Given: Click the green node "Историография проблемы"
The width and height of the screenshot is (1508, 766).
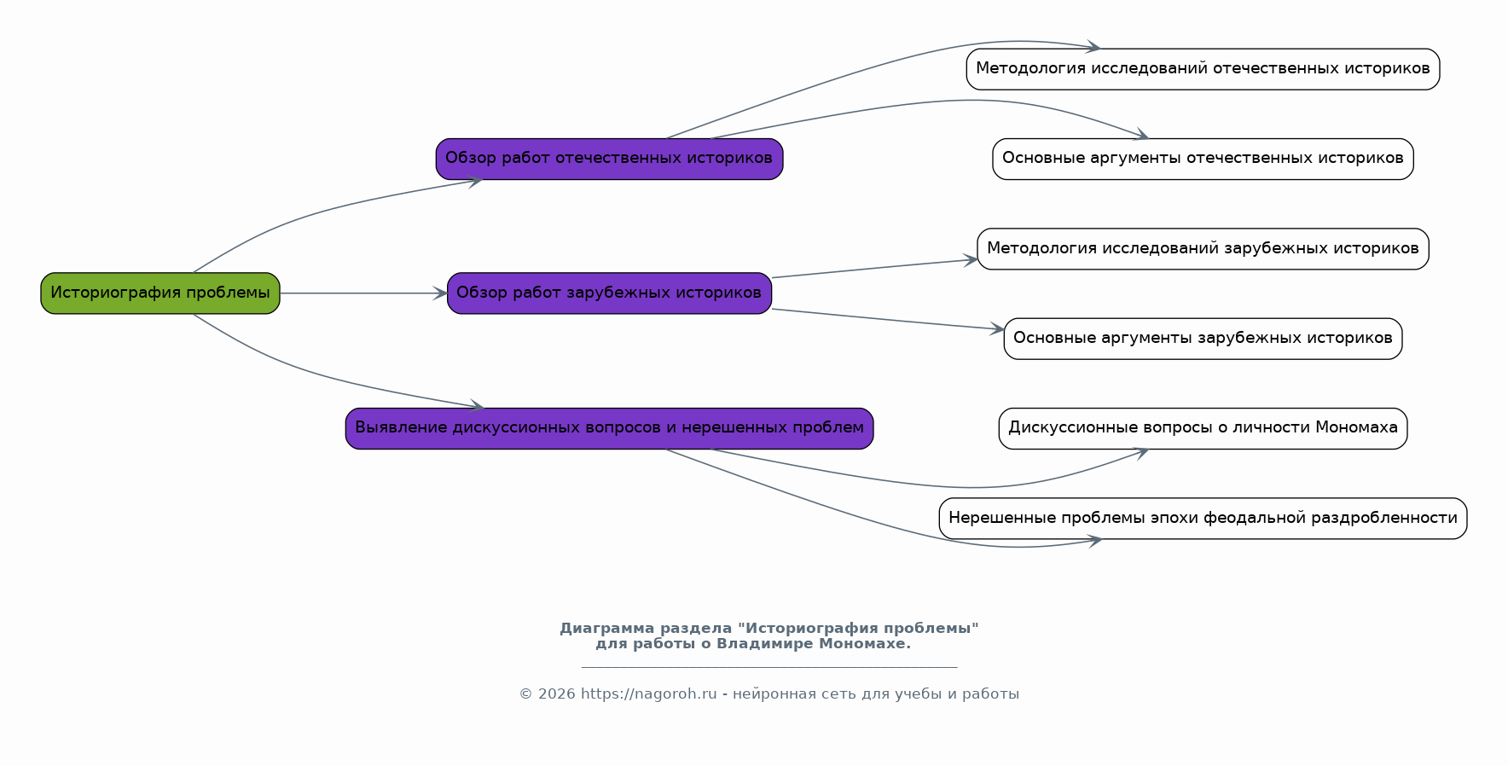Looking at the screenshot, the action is point(160,293).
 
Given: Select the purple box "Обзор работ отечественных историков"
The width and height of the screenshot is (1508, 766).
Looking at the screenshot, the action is point(609,159).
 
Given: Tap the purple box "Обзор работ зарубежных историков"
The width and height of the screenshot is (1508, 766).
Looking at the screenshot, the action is point(609,293).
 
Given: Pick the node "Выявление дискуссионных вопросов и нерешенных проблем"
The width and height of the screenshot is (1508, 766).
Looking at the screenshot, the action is point(609,428).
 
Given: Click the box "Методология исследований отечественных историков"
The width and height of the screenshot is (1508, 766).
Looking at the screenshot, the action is point(1203,69).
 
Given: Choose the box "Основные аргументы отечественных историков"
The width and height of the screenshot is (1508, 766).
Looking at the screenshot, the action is point(1203,159).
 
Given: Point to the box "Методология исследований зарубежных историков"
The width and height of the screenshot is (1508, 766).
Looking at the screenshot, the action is point(1203,249).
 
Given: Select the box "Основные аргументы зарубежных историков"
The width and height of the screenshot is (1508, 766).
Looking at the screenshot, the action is point(1203,339).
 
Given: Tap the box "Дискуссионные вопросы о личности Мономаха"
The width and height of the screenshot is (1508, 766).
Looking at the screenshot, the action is point(1203,428).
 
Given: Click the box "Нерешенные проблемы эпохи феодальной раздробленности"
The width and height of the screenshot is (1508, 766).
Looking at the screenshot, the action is point(1203,519).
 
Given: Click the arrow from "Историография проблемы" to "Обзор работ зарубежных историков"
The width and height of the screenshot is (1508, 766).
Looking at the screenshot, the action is point(363,293).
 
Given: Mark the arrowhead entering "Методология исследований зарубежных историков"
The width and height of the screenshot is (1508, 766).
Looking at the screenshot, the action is point(971,260).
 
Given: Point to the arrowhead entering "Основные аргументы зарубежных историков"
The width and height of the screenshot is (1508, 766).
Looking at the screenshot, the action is point(997,328).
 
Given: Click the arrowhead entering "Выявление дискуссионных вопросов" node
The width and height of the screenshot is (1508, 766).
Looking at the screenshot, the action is point(476,407).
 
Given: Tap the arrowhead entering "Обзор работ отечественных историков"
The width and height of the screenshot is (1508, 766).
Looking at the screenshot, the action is point(475,180).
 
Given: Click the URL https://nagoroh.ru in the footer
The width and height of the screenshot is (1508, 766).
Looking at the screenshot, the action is point(648,694).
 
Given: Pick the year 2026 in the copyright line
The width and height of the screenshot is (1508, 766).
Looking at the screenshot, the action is point(557,694).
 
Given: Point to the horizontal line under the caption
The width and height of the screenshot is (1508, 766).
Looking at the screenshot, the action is point(769,667).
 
